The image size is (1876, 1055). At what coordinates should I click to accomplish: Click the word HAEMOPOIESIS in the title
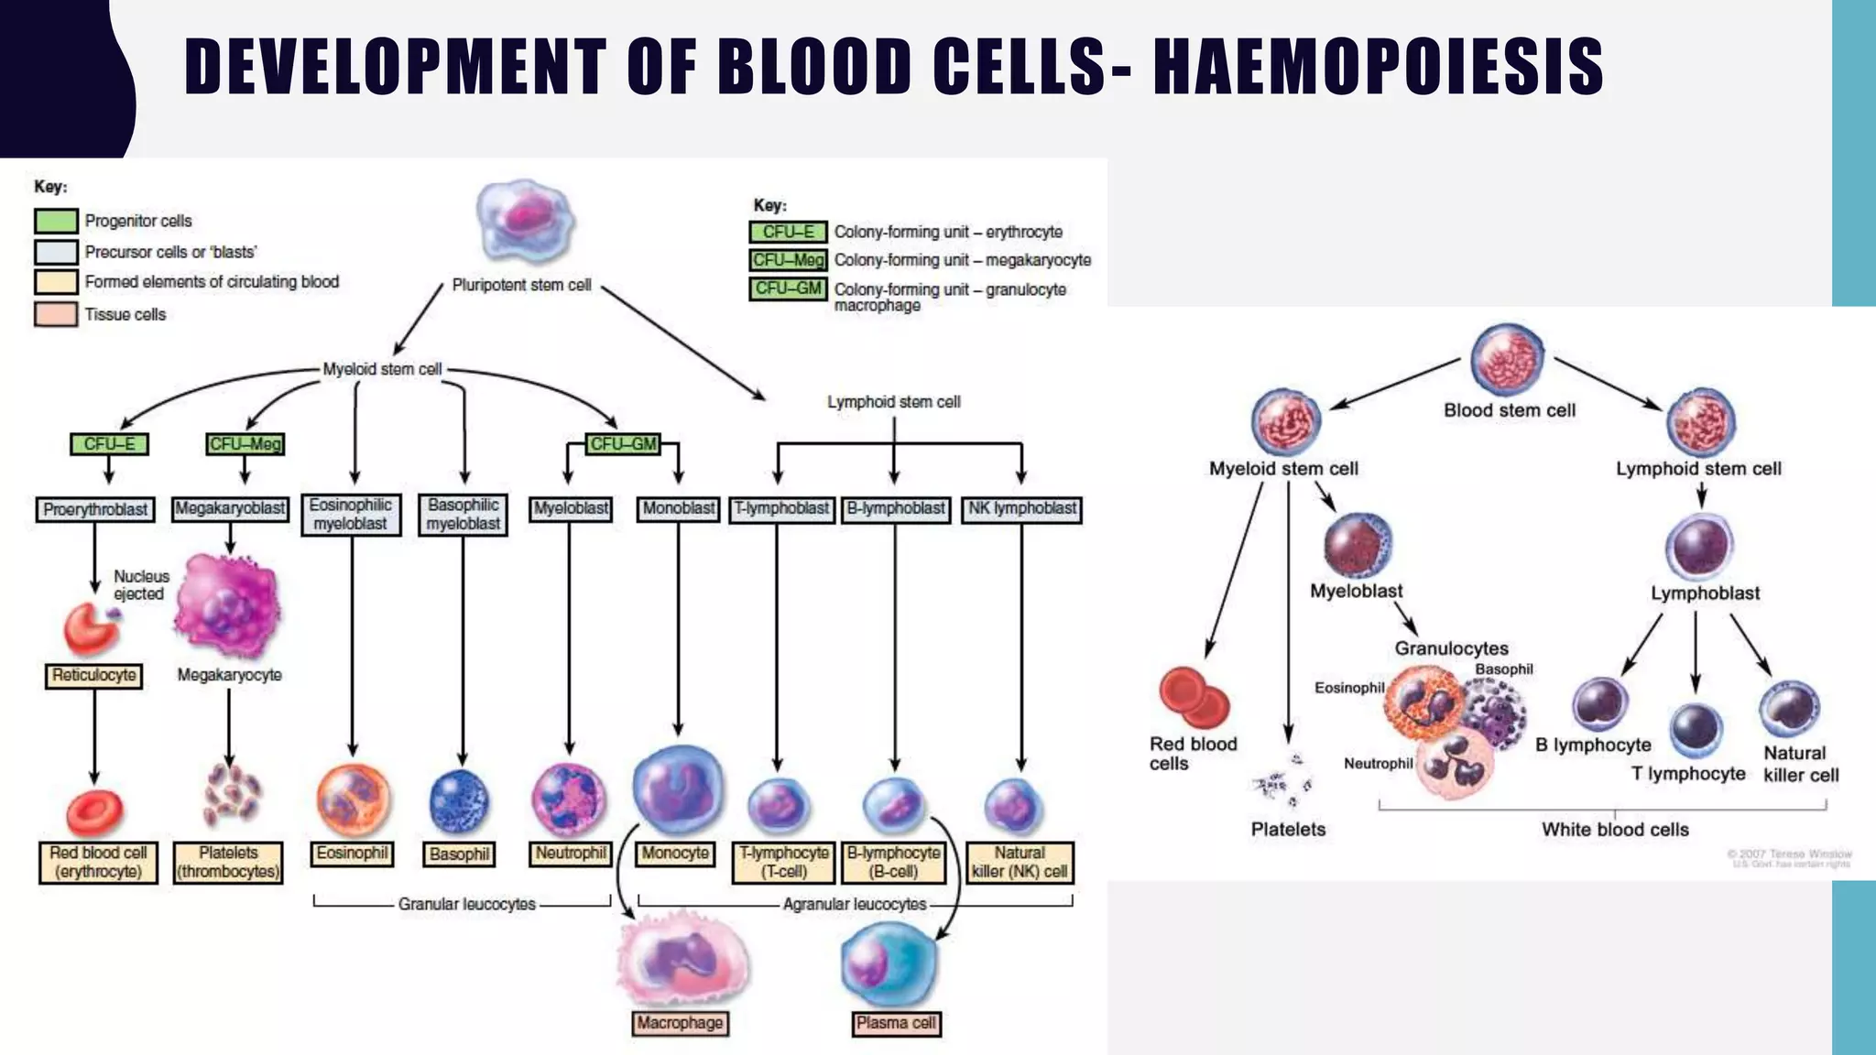pos(1378,67)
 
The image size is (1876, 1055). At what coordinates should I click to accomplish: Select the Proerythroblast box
pos(94,509)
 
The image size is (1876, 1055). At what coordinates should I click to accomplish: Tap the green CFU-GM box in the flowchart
pos(623,444)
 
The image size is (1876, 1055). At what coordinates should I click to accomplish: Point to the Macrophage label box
pos(680,1023)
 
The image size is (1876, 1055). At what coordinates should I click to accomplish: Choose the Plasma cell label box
pos(895,1023)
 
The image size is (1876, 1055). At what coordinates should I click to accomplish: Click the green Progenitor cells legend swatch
pos(56,221)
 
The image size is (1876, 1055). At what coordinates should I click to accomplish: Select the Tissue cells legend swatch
pos(56,314)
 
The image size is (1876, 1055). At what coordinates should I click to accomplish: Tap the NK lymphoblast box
pos(1021,509)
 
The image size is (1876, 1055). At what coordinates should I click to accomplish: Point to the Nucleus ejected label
pos(140,584)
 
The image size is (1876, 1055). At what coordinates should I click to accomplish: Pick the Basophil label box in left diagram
pos(460,854)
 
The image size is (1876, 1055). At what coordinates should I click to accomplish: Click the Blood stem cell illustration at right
pos(1507,358)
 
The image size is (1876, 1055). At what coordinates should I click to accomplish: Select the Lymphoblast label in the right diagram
pos(1705,593)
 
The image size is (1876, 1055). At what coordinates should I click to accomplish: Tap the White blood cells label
pos(1614,830)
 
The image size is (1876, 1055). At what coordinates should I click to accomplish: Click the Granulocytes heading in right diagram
pos(1451,648)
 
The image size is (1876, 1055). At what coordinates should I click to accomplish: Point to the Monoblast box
pos(678,509)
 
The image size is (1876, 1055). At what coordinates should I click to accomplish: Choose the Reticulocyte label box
pos(93,676)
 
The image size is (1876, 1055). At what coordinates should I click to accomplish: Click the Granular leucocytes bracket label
pos(466,905)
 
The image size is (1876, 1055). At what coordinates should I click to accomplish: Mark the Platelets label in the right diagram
pos(1288,830)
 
